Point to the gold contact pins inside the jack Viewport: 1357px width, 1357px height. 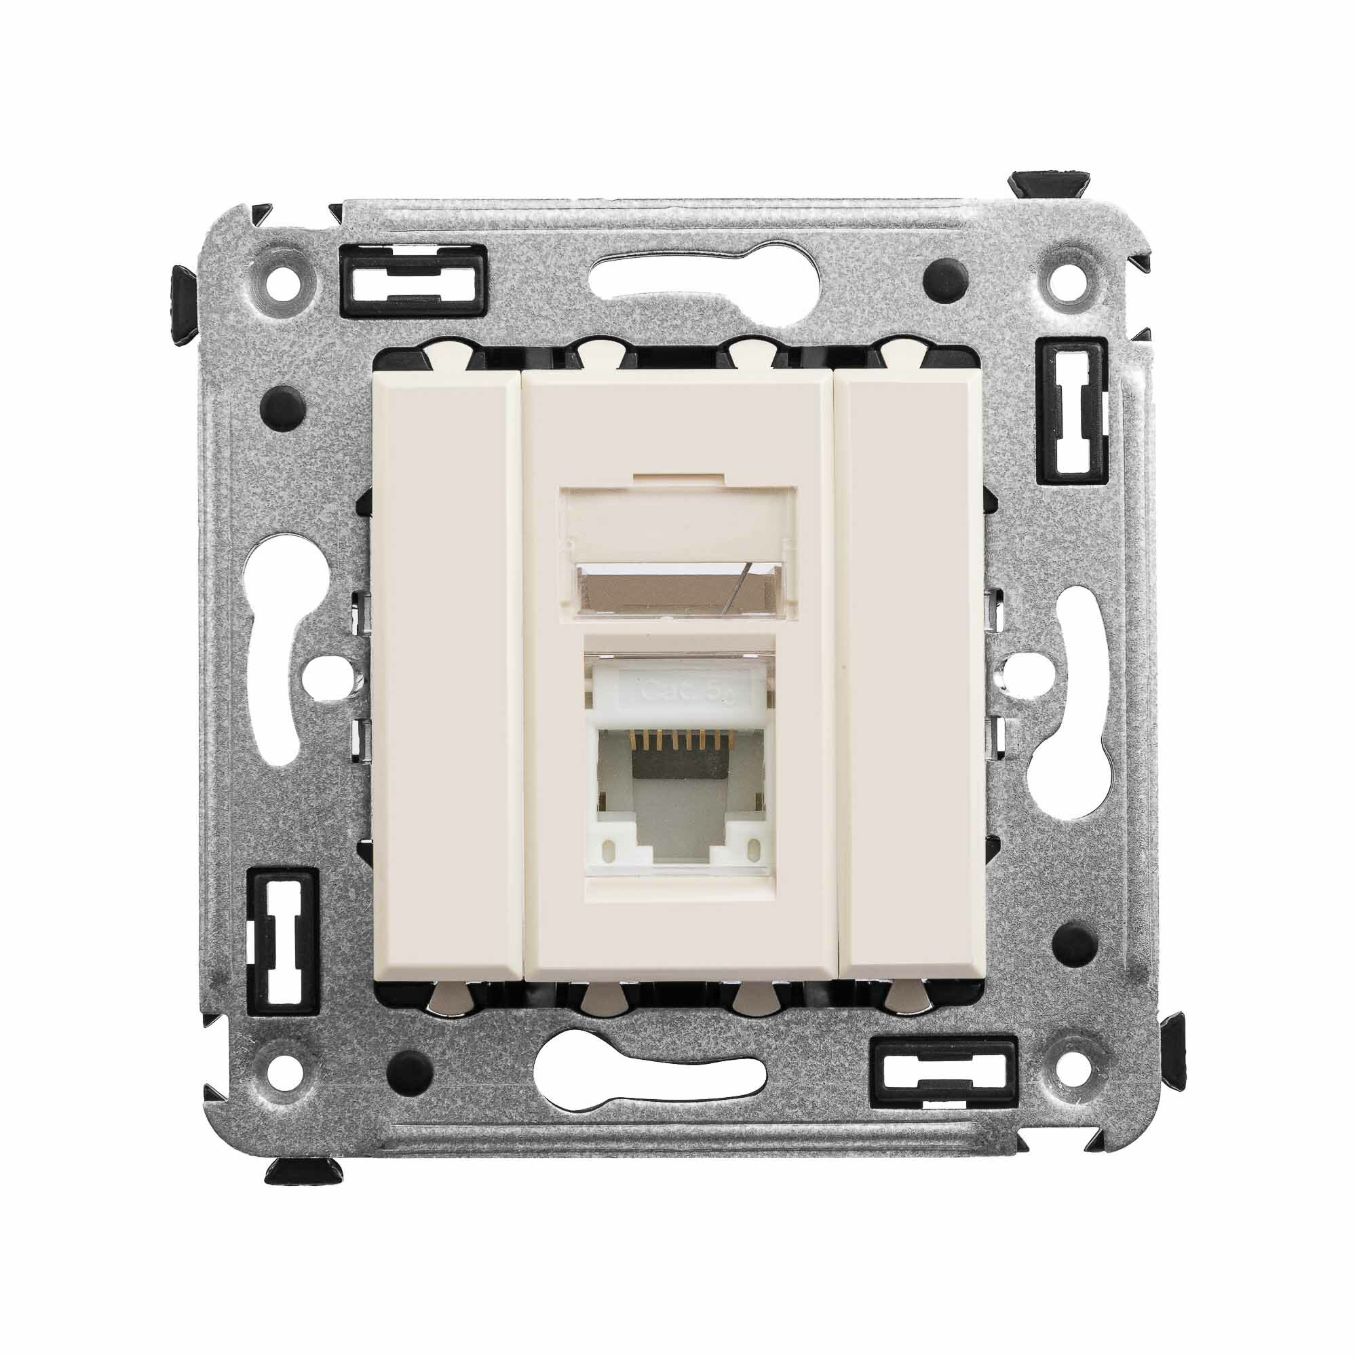click(x=678, y=738)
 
